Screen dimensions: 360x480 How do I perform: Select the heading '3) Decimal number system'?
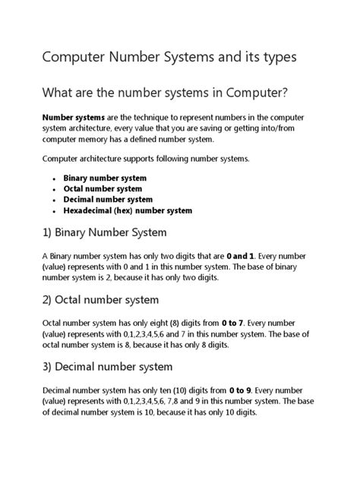coord(107,367)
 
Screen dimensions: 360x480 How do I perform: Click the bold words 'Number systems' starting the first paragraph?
coord(74,118)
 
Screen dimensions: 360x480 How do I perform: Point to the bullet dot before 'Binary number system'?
coord(55,178)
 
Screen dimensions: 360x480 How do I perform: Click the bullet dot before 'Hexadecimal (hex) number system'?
coord(55,211)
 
